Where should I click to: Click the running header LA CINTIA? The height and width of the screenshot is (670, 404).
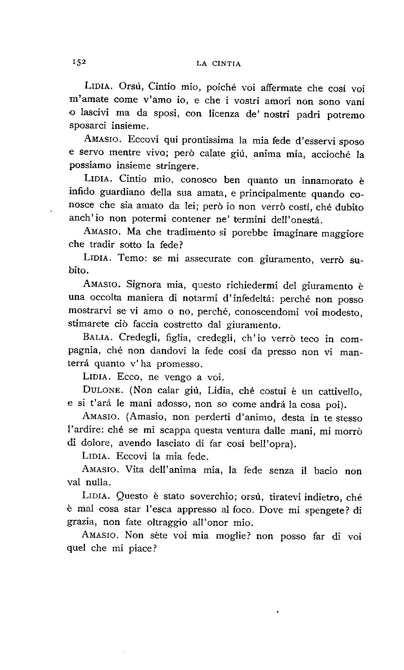(219, 63)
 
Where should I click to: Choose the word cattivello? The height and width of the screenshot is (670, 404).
(339, 391)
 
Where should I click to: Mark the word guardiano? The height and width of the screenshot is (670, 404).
(123, 194)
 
